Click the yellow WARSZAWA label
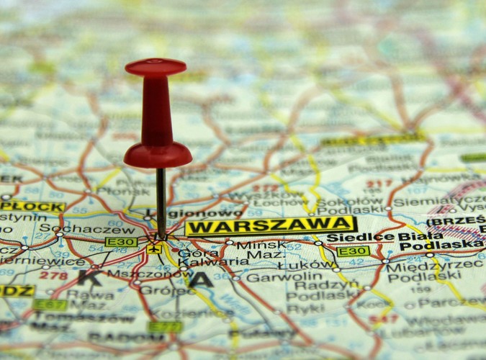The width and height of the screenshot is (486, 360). point(270,226)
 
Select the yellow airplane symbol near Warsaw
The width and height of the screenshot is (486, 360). point(153,249)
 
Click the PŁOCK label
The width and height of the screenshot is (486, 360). point(32,207)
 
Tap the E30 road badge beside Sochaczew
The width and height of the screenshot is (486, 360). point(120,242)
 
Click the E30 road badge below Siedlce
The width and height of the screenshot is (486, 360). point(353,251)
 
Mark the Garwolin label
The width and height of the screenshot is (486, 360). point(274,276)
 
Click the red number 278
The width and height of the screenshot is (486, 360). point(53,274)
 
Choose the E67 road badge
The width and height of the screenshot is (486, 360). point(49,305)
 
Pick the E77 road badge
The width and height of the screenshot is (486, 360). point(165,327)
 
